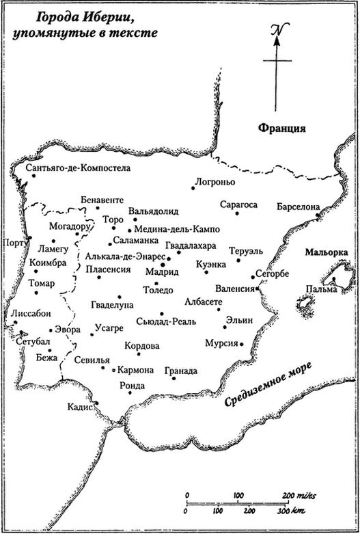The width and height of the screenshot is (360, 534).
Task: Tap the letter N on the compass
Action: pyautogui.click(x=276, y=30)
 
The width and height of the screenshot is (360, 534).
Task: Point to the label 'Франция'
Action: pyautogui.click(x=280, y=128)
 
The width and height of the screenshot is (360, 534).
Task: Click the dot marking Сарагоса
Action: pyautogui.click(x=237, y=214)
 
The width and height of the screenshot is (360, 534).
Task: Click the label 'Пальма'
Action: pyautogui.click(x=321, y=289)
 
